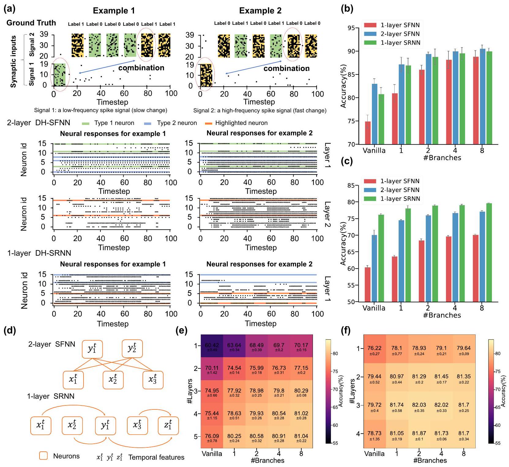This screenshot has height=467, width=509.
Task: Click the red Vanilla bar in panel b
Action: coord(368,133)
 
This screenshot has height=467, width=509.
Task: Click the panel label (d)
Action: coord(9,331)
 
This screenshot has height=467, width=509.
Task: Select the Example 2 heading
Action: coord(260,11)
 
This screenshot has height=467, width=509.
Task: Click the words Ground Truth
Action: coord(31,23)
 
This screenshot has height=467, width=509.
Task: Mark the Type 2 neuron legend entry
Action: coord(170,123)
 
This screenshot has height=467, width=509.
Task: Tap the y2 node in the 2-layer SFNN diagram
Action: coord(132,348)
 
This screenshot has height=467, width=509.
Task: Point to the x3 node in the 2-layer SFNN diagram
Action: coord(153,380)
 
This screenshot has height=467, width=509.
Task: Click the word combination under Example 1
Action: coord(141,68)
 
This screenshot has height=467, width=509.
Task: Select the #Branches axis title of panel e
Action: coord(268,460)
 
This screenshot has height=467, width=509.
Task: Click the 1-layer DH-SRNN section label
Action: coord(39,253)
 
